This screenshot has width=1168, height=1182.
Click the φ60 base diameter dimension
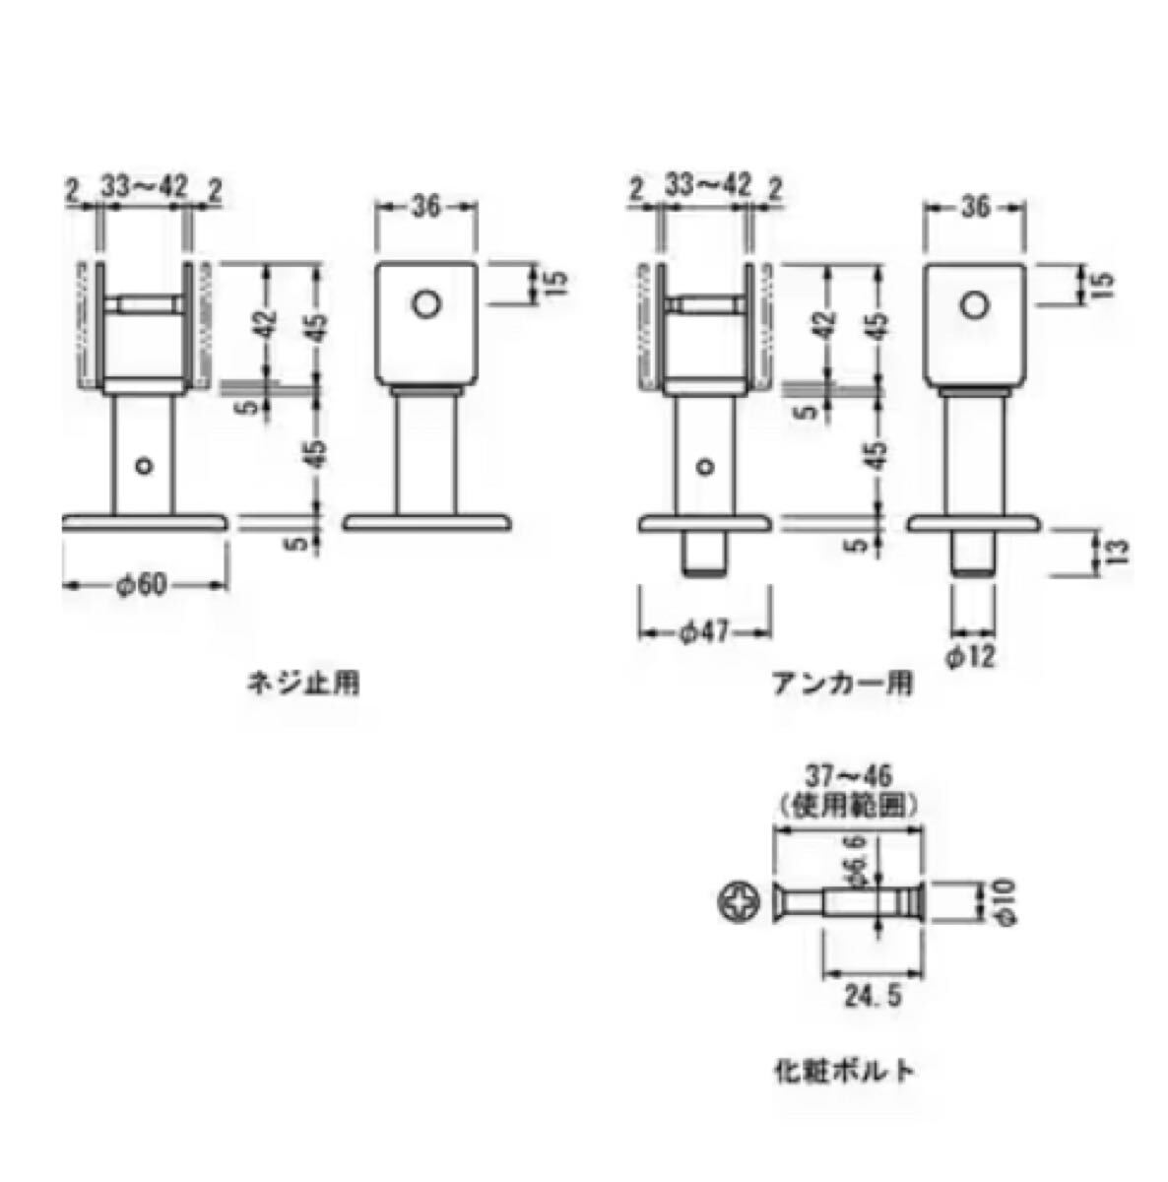pyautogui.click(x=141, y=585)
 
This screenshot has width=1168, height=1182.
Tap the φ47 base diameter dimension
pyautogui.click(x=706, y=632)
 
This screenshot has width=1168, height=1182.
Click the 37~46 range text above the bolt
pyautogui.click(x=848, y=776)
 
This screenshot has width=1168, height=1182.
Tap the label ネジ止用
pyautogui.click(x=303, y=683)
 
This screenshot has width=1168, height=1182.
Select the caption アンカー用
pyautogui.click(x=843, y=683)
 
